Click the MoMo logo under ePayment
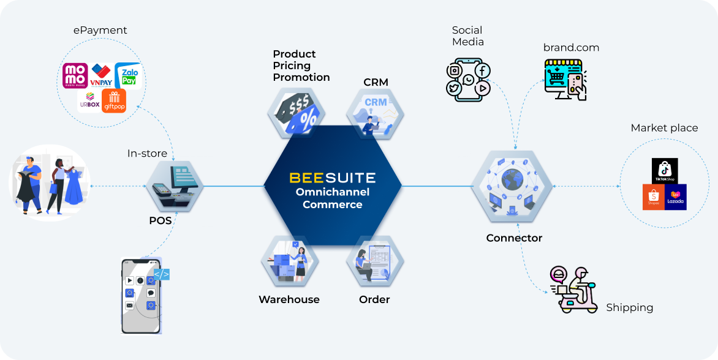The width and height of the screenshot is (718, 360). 75,75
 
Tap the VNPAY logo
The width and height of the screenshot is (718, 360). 100,75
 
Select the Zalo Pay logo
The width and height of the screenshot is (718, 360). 128,75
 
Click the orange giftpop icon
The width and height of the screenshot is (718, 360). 114,101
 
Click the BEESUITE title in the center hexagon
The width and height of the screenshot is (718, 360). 332,178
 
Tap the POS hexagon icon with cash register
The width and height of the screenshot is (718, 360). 175,186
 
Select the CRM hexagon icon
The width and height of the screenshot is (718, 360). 375,113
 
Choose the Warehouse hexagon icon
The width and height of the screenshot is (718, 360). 290,262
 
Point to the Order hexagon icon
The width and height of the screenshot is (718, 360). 375,262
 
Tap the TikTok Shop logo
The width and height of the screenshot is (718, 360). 664,171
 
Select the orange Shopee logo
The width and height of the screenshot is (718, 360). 654,197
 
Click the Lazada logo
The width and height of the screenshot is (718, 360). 676,197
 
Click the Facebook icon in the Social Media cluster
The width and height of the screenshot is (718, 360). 482,70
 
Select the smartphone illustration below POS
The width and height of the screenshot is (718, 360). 142,296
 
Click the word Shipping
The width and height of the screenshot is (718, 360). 629,307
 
